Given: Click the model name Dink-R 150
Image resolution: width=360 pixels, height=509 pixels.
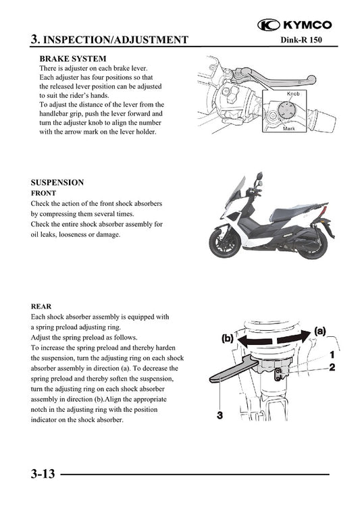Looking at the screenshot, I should point(305,42).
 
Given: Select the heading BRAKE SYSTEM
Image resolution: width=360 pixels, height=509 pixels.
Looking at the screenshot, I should point(73,59).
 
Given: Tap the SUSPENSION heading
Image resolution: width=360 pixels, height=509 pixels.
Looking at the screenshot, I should point(57,182).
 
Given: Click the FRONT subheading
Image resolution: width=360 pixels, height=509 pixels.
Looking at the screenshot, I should point(43,193).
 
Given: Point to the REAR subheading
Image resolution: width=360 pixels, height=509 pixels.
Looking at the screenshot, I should point(41,306).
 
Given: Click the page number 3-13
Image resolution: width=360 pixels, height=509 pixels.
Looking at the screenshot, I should point(42,475).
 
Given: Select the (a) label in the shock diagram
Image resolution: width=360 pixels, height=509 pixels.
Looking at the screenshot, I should point(319,331).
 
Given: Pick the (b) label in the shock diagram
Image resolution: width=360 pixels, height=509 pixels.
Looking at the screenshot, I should point(228,340).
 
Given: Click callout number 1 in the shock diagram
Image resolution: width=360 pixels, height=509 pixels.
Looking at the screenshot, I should point(332,354).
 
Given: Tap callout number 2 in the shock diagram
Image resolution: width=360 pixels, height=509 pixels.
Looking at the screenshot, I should point(332,368).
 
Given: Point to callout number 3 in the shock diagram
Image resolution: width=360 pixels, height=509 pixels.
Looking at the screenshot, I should point(220,415).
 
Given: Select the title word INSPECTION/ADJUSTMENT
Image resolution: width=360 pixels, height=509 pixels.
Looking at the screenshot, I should point(115,41).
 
